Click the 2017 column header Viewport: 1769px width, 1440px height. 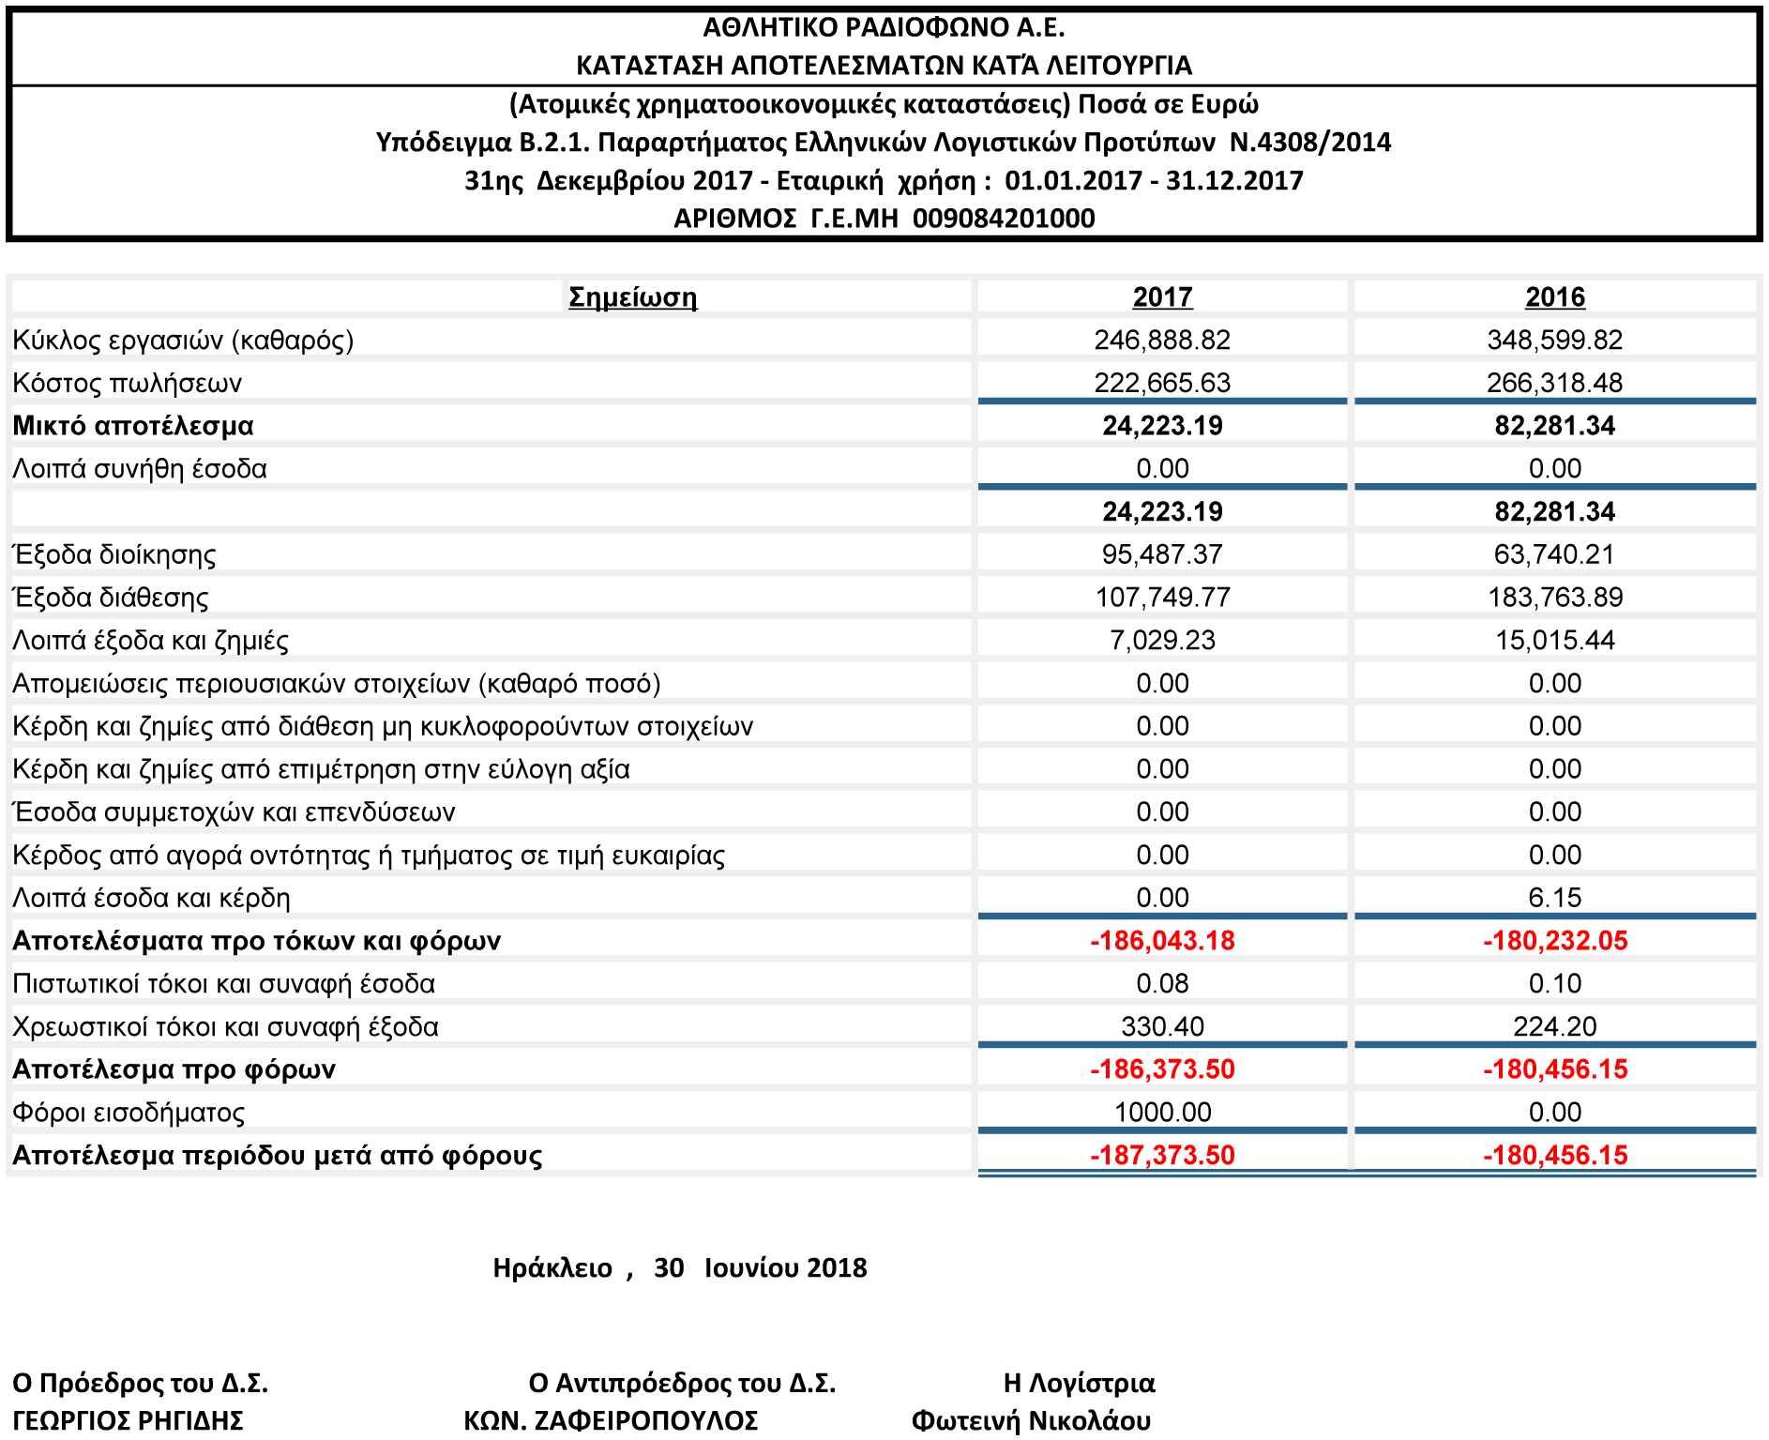coord(1162,296)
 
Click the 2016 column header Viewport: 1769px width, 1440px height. coord(1554,296)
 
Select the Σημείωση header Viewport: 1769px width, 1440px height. coord(633,297)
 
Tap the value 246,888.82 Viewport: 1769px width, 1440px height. coord(1162,340)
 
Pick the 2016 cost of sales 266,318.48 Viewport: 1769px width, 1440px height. coord(1554,383)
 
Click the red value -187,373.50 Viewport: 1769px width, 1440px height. coord(1162,1155)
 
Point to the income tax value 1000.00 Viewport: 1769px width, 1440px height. coord(1162,1112)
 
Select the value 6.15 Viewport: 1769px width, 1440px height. coord(1554,898)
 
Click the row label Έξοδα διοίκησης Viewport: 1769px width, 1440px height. coord(114,554)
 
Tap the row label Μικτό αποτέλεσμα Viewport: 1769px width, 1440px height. coord(133,426)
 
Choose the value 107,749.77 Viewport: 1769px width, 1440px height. coord(1162,598)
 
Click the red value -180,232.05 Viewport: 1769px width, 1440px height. coord(1554,940)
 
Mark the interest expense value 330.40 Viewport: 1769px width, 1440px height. coord(1162,1026)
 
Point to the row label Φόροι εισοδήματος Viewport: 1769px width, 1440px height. coord(129,1113)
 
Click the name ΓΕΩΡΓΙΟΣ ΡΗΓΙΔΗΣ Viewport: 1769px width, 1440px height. coord(128,1420)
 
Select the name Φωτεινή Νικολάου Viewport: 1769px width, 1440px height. coord(1031,1420)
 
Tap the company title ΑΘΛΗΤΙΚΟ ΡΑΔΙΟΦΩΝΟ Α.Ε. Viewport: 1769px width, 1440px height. coord(884,27)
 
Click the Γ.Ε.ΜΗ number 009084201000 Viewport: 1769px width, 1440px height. coord(1004,219)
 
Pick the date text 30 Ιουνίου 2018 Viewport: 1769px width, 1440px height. coord(761,1267)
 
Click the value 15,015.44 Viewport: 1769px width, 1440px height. coord(1554,641)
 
